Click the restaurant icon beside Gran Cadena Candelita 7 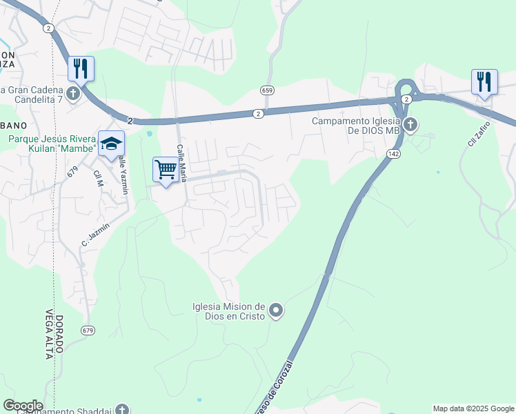click(81, 68)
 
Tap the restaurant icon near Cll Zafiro click(484, 81)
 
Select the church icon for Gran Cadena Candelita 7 click(73, 92)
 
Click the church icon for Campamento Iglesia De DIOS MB click(410, 125)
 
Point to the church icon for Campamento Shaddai click(122, 410)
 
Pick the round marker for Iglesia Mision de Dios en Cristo click(276, 311)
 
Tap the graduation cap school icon click(111, 143)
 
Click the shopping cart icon click(166, 168)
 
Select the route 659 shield click(268, 90)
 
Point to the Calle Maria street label click(182, 163)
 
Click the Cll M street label click(97, 179)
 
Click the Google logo click(23, 406)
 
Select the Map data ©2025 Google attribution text click(473, 408)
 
